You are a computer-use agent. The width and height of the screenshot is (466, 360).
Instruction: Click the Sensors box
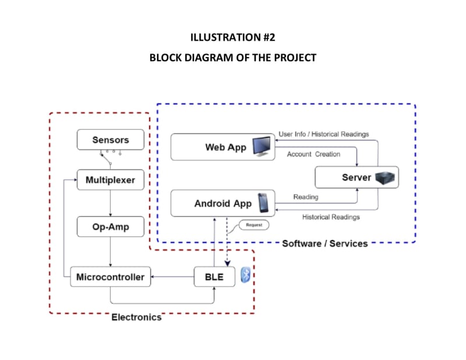click(110, 140)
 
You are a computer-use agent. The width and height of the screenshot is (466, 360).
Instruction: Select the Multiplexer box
click(110, 180)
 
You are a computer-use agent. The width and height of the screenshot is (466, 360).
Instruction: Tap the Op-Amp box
click(110, 226)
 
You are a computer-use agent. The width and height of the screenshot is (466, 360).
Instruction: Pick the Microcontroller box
click(110, 277)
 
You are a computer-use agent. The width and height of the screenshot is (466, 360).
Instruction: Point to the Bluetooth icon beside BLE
click(246, 276)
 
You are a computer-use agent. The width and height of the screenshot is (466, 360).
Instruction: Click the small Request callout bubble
click(253, 224)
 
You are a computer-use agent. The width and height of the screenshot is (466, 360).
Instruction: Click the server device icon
click(384, 178)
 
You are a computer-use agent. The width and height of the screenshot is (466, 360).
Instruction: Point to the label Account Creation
click(313, 154)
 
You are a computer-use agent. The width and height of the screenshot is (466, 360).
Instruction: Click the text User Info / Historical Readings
click(323, 134)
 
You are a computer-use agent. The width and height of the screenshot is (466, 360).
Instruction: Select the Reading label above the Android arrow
click(305, 197)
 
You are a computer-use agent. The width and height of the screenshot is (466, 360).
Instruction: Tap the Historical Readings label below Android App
click(330, 217)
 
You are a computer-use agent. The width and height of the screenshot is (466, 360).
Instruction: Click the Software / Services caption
click(324, 243)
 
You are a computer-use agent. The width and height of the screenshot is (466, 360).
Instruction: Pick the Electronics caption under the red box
click(136, 317)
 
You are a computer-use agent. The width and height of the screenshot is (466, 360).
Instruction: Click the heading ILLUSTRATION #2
click(232, 38)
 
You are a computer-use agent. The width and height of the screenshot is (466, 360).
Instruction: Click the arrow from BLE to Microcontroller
click(172, 277)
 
